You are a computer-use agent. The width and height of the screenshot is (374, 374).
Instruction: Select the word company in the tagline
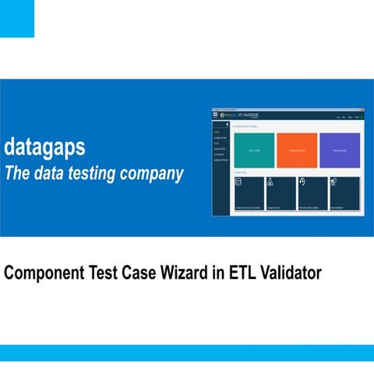point(154,173)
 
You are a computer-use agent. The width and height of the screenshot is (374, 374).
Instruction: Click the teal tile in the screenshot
point(253,150)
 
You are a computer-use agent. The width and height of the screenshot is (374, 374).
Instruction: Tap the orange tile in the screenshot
point(296,150)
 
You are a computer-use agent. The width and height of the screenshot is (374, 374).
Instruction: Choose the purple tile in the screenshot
point(340,150)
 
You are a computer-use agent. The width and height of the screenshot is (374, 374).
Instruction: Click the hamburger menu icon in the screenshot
point(216,115)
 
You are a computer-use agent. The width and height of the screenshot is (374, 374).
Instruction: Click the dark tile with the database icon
point(249,193)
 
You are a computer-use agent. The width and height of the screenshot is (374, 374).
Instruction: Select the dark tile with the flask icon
point(280,193)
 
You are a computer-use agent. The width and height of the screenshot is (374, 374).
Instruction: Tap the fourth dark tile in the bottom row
point(344,193)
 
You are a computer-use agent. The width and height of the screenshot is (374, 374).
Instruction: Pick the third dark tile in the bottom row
point(312,193)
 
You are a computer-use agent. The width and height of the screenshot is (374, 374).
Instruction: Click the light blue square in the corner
point(16,18)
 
